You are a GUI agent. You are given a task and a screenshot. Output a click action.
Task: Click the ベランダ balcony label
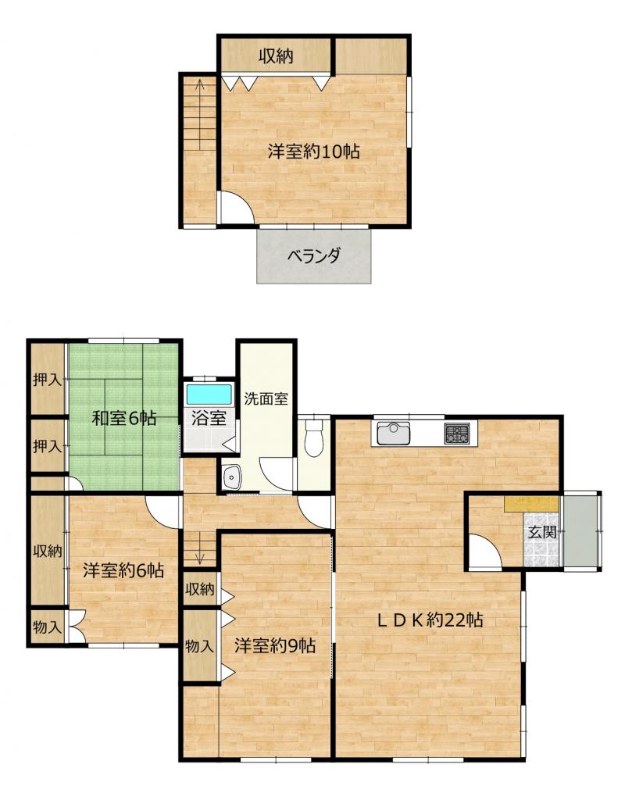point(314,255)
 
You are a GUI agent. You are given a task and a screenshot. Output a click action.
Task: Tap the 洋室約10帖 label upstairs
point(314,152)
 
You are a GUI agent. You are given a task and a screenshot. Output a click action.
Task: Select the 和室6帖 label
point(124,419)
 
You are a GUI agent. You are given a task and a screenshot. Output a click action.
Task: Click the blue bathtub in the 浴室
point(209,395)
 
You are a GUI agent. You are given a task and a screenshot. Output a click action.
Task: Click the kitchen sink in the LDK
point(393,433)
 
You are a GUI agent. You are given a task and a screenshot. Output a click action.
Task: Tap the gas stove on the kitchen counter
point(457,434)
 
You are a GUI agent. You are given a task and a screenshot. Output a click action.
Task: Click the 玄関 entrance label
point(541,533)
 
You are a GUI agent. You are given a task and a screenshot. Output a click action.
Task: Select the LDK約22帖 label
point(430,620)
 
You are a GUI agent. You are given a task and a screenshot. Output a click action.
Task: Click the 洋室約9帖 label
point(276,646)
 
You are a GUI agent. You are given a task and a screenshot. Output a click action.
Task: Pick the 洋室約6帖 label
point(124,570)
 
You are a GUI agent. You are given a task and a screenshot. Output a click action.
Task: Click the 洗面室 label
point(266,398)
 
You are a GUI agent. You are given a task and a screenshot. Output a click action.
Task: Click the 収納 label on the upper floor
point(276,55)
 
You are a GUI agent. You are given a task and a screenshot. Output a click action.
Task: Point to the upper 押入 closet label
point(47,380)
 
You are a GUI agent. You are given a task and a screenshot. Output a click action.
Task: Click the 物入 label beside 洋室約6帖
point(47,627)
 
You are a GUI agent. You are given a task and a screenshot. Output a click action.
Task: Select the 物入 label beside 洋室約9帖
point(199,646)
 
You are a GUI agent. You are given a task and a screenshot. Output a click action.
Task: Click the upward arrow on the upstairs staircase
point(200,114)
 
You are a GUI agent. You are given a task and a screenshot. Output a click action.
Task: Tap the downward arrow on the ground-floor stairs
point(201,548)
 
